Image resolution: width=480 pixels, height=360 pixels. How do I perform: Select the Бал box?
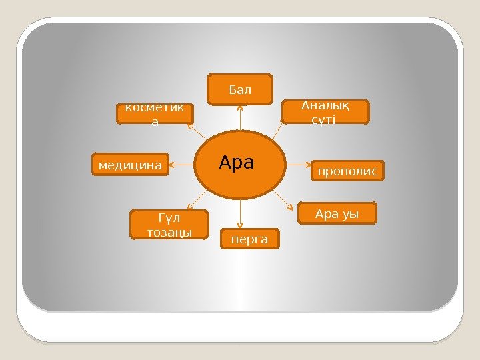[x=240, y=90]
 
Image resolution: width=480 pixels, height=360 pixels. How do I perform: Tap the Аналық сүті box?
[x=325, y=112]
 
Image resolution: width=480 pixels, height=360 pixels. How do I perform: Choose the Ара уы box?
[x=337, y=214]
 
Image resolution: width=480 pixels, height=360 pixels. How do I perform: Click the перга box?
[x=249, y=238]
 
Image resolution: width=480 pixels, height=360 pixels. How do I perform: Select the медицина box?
[x=130, y=163]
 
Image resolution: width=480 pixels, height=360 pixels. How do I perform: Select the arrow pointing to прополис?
[x=296, y=163]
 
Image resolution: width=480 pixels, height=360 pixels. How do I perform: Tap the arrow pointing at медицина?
[x=182, y=163]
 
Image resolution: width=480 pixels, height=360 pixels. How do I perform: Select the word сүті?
[x=324, y=119]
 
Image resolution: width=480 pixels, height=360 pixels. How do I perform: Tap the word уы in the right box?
[x=351, y=214]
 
